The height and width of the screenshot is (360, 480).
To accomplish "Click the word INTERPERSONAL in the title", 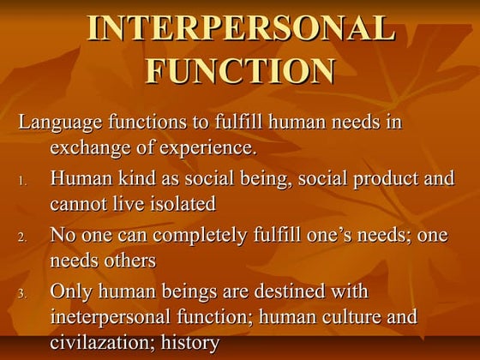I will point(241,29).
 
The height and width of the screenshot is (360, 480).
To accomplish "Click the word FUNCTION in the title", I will point(241,69).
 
